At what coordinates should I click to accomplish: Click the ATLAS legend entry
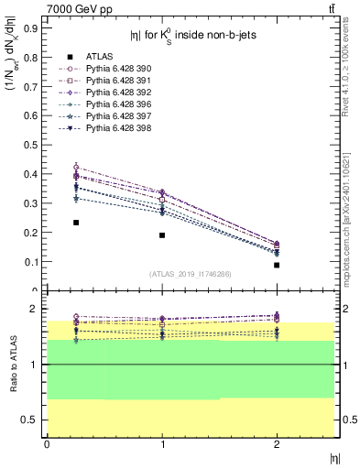[x=99, y=56]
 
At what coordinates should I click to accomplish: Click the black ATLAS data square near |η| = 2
[x=277, y=265]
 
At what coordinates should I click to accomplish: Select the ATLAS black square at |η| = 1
[x=162, y=235]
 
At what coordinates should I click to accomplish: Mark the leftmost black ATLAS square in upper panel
[x=76, y=223]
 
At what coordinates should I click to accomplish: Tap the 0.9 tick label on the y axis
[x=30, y=28]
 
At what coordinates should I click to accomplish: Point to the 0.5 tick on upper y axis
[x=30, y=145]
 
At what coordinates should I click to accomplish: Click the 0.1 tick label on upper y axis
[x=30, y=261]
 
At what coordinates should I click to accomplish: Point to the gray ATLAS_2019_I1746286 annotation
[x=190, y=274]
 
